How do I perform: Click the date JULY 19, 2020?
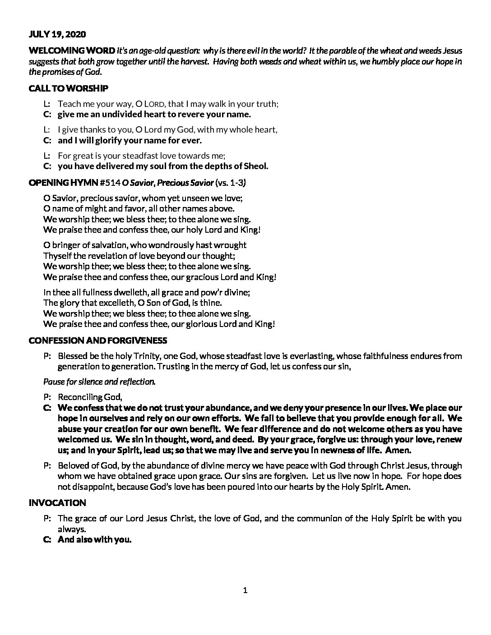coord(57,34)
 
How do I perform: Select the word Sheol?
coord(256,166)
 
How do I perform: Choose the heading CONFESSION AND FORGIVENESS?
coord(97,341)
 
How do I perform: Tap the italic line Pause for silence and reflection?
coord(99,382)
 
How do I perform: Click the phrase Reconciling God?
coord(90,397)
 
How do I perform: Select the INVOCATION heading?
coord(57,503)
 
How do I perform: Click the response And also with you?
coord(94,539)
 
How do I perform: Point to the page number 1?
coord(245,590)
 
